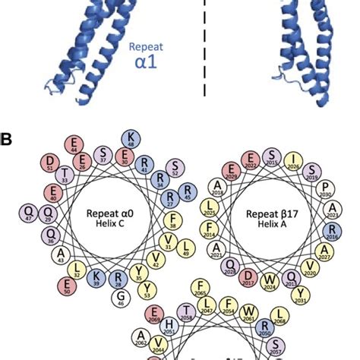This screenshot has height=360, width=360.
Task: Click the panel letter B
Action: point(8,139)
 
